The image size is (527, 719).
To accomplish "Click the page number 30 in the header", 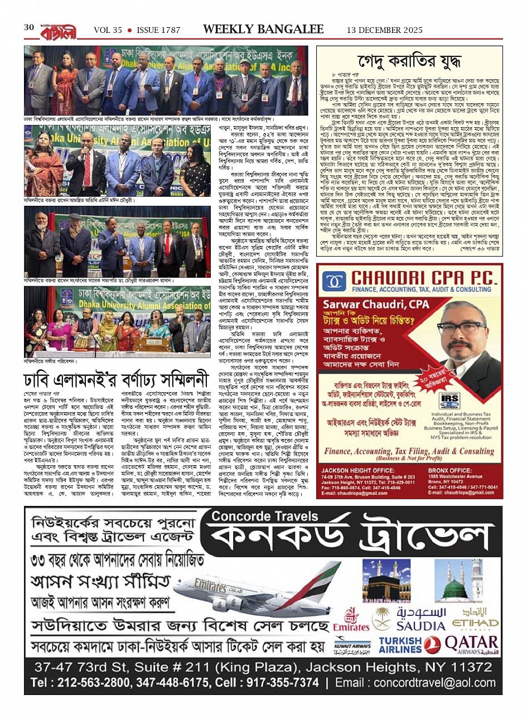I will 29,27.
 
